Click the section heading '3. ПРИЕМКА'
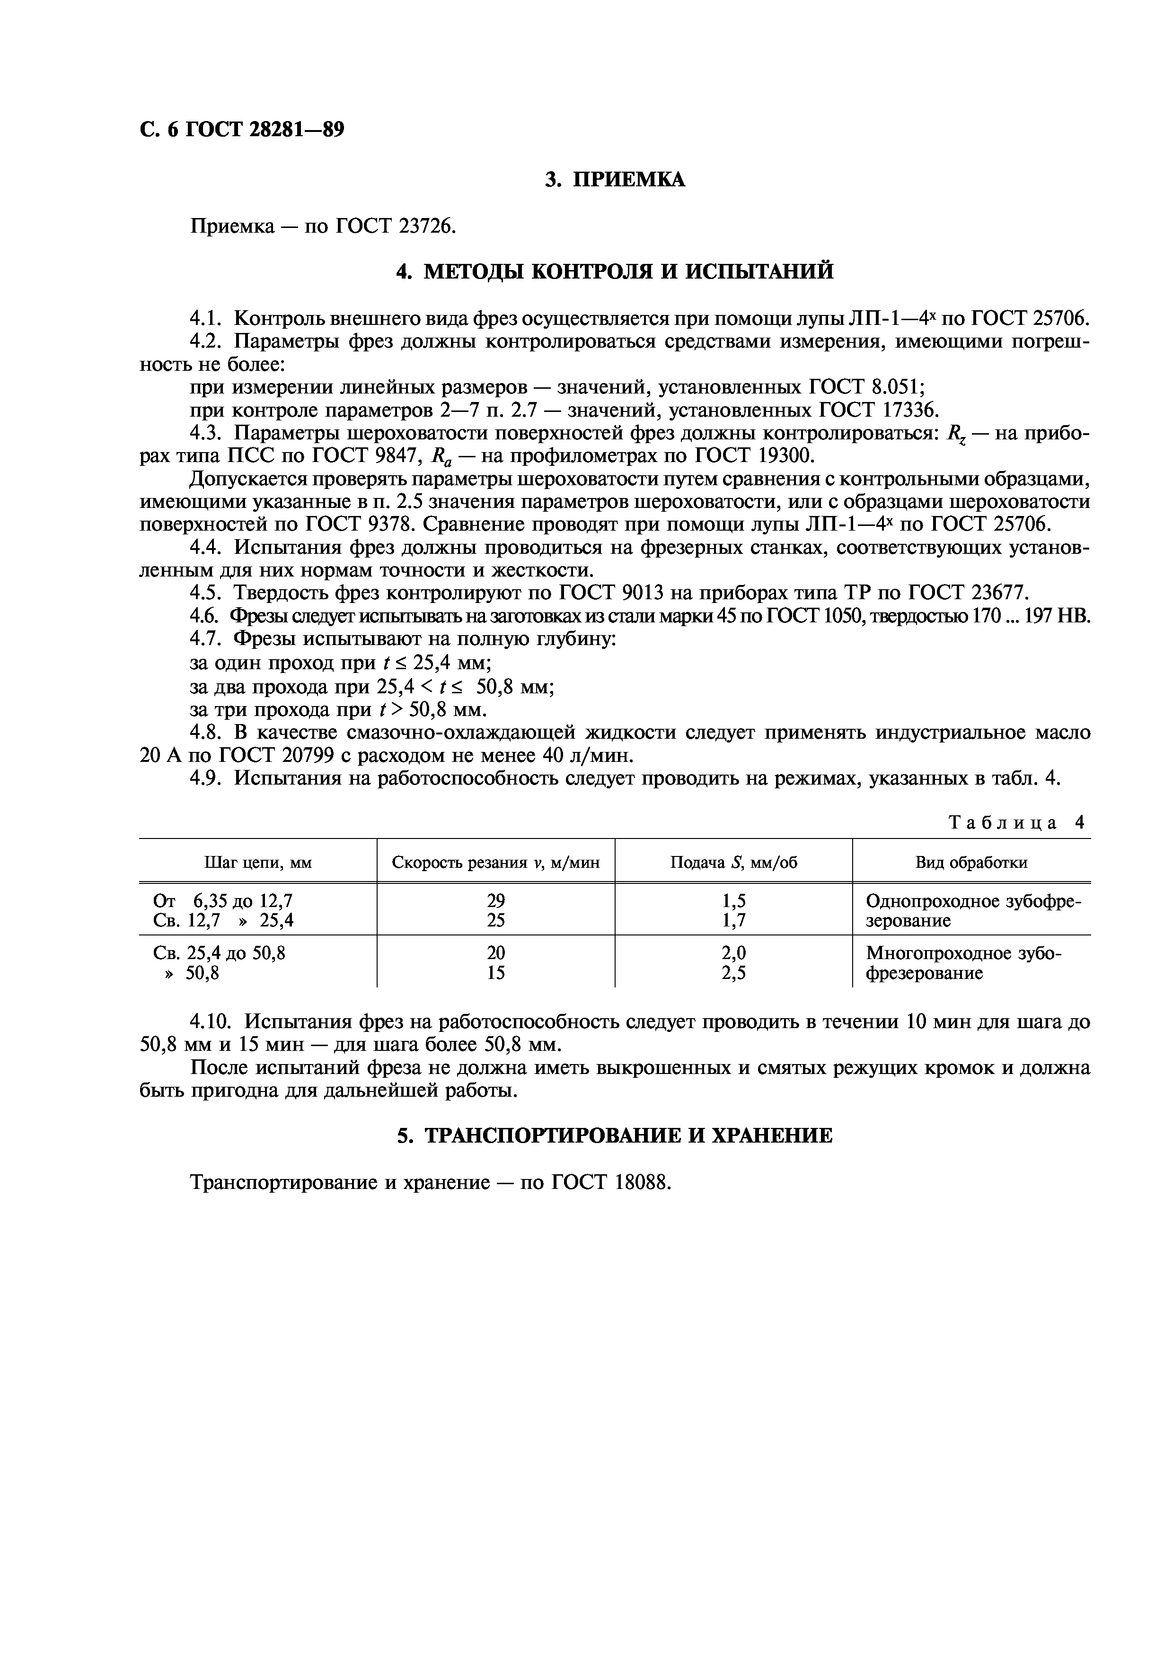click(x=614, y=179)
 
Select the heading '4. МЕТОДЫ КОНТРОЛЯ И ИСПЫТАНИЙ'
click(x=614, y=271)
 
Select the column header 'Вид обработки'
click(x=971, y=862)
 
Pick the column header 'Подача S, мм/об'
click(x=733, y=862)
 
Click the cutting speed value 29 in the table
click(x=496, y=901)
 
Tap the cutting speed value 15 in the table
click(x=496, y=973)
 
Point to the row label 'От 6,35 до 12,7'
click(x=223, y=901)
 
